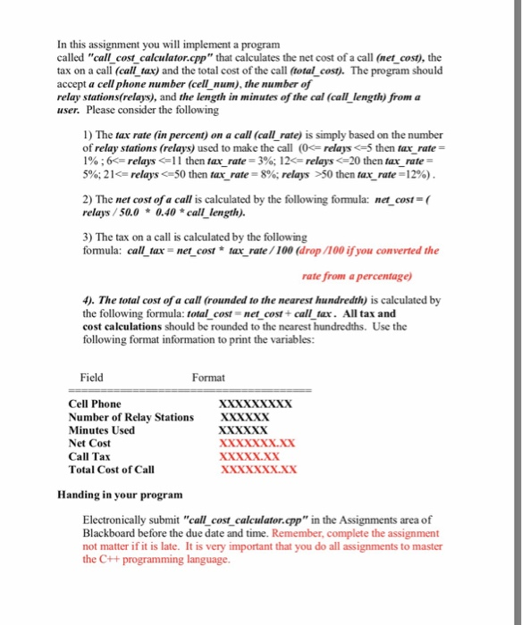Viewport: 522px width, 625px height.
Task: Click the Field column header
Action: (91, 377)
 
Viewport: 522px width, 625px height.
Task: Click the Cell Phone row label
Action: (95, 404)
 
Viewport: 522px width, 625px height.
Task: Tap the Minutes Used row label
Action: (101, 429)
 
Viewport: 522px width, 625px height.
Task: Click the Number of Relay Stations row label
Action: (130, 417)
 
